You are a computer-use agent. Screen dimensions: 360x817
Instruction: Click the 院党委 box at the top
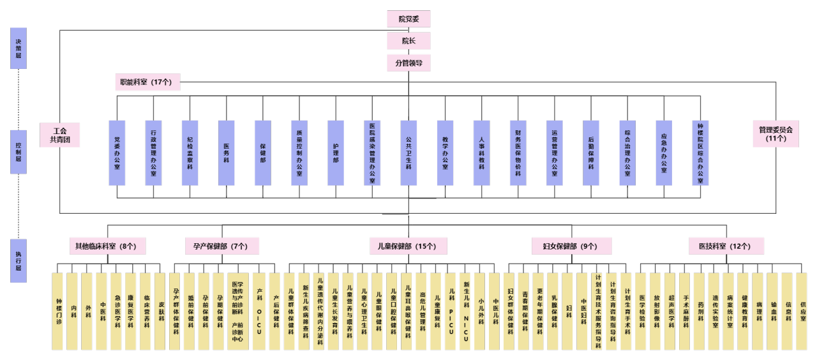(x=408, y=19)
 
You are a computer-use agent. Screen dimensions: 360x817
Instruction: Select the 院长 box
(x=408, y=41)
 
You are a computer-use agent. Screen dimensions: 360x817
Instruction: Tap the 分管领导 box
(x=408, y=63)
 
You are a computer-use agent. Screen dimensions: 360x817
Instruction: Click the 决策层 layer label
(x=19, y=48)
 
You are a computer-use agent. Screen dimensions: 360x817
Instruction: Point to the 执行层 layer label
(x=19, y=260)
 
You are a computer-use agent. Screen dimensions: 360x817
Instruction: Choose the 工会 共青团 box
(x=60, y=135)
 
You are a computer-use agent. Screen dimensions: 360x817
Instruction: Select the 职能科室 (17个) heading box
(x=146, y=82)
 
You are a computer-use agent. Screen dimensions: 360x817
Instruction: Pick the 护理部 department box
(x=336, y=153)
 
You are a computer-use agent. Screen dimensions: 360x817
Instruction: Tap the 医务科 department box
(x=227, y=153)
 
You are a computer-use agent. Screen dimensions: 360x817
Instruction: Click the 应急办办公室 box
(x=664, y=153)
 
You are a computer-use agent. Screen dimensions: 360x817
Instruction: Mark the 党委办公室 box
(x=117, y=153)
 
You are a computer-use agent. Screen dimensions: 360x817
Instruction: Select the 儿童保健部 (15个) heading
(x=408, y=246)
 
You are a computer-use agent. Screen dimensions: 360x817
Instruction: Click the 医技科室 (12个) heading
(x=726, y=246)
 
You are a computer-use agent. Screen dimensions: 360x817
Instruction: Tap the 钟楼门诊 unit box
(x=59, y=311)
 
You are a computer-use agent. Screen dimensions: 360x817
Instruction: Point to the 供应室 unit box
(x=801, y=311)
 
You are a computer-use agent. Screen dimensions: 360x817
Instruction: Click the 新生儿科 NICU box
(x=466, y=311)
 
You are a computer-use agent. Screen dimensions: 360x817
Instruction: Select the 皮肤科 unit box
(x=161, y=311)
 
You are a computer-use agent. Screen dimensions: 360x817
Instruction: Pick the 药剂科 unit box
(x=699, y=311)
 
